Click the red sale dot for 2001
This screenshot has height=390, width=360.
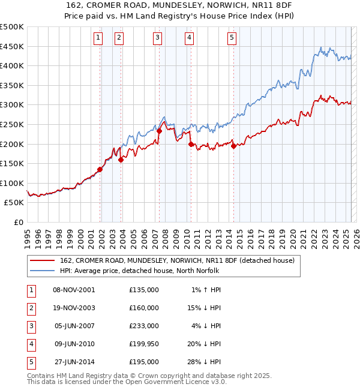tap(100, 169)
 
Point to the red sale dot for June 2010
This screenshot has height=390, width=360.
tap(191, 144)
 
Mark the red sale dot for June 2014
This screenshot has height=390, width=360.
tap(233, 146)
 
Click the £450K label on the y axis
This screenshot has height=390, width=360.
tap(12, 46)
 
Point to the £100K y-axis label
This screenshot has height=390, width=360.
tap(12, 184)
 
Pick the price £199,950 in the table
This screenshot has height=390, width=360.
tap(144, 344)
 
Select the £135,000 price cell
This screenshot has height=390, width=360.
tap(144, 290)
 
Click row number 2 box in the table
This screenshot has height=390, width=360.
tap(31, 308)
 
